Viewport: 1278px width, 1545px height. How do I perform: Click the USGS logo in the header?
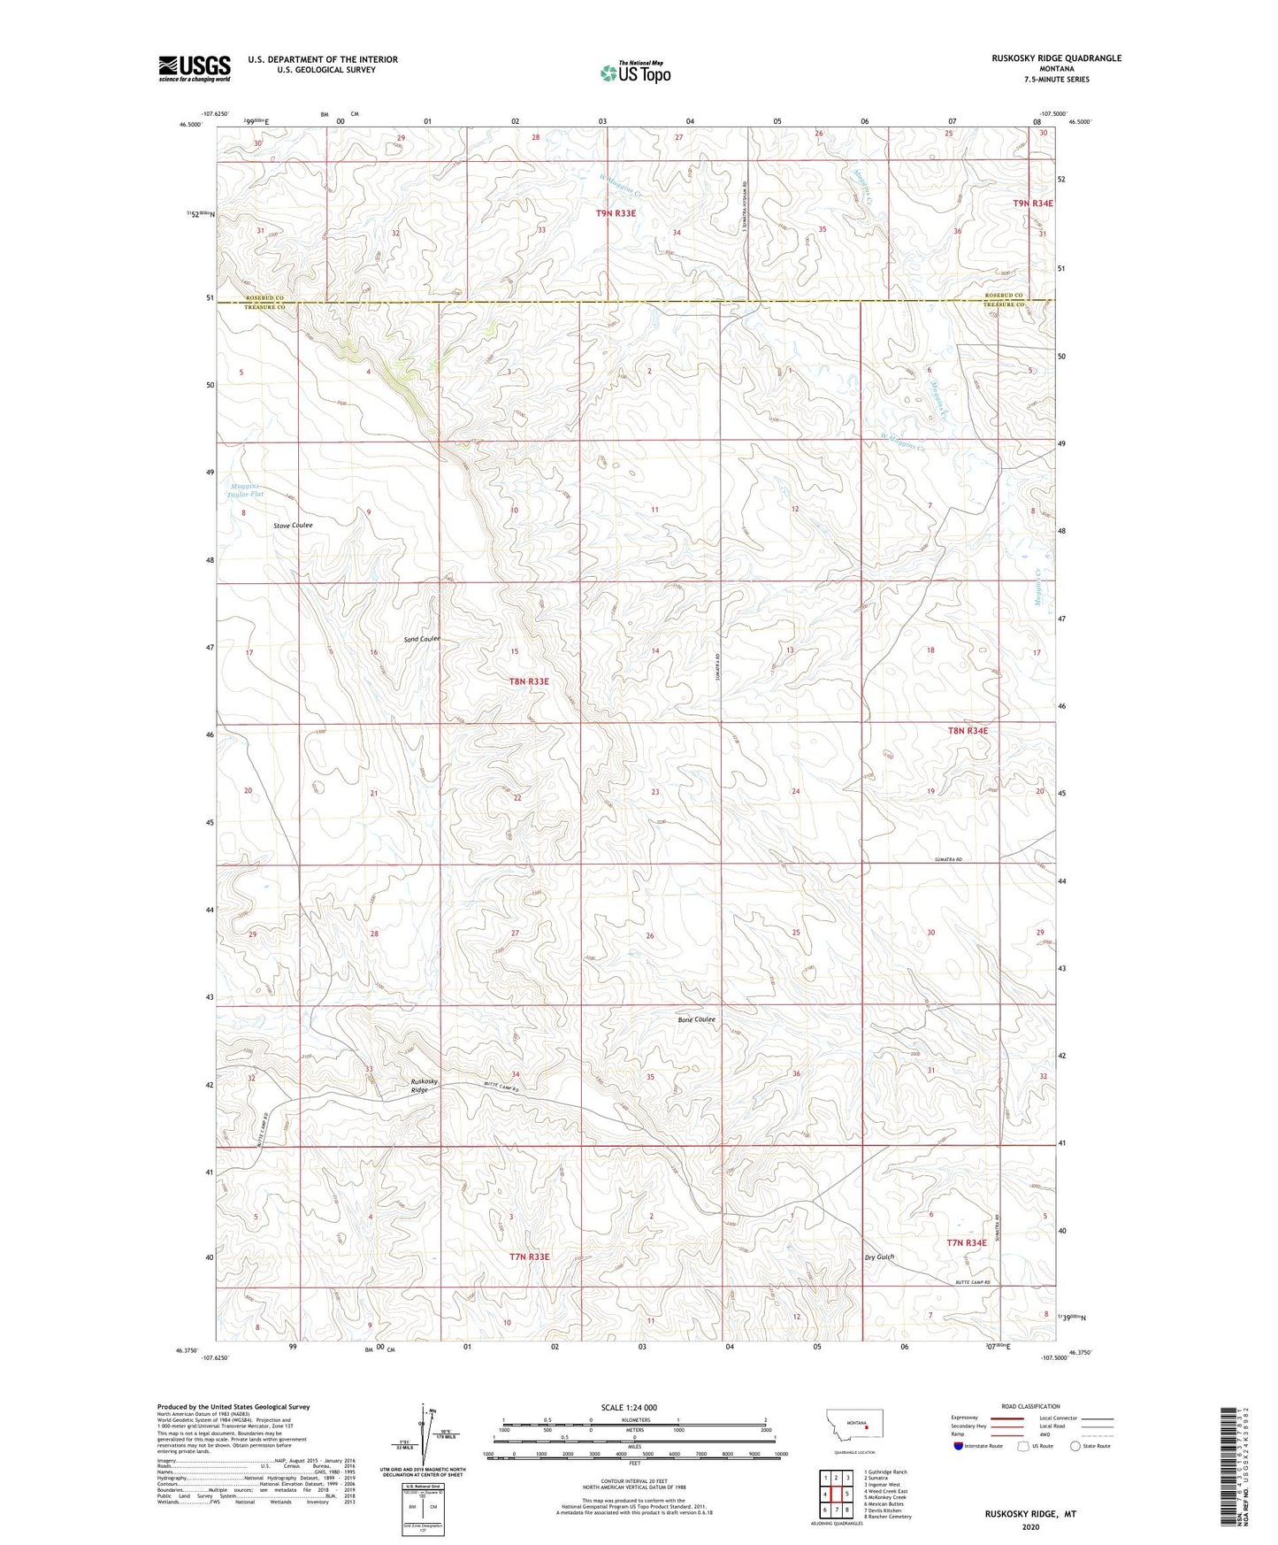tap(195, 68)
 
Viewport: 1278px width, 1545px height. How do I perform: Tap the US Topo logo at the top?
tap(634, 73)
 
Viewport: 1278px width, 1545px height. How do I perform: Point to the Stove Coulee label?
tap(293, 525)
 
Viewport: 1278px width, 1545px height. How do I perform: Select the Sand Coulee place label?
tap(422, 639)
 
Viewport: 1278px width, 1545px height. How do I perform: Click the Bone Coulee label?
tap(697, 1019)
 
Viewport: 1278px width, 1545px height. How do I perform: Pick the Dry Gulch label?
tap(879, 1257)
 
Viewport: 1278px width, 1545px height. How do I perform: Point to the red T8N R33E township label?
tap(529, 681)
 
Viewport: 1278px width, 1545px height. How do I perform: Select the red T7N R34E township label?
tap(967, 1242)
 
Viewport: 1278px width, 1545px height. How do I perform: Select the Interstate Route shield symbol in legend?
tap(959, 1446)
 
